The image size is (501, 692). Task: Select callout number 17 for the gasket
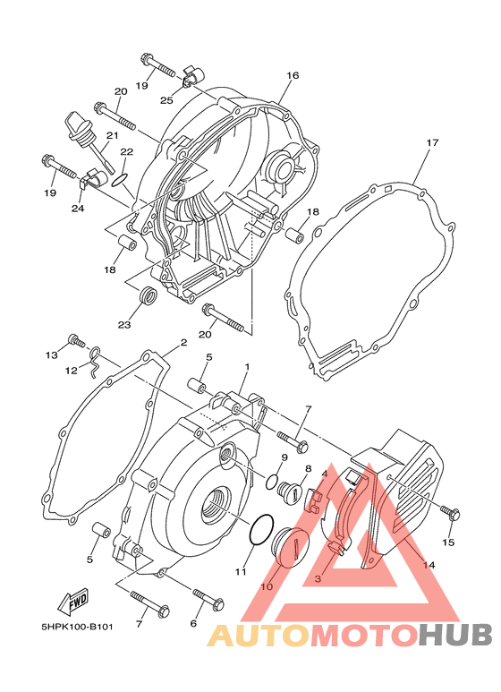432,142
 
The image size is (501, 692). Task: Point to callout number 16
293,75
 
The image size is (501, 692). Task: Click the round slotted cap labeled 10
290,546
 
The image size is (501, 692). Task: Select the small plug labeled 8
290,491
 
